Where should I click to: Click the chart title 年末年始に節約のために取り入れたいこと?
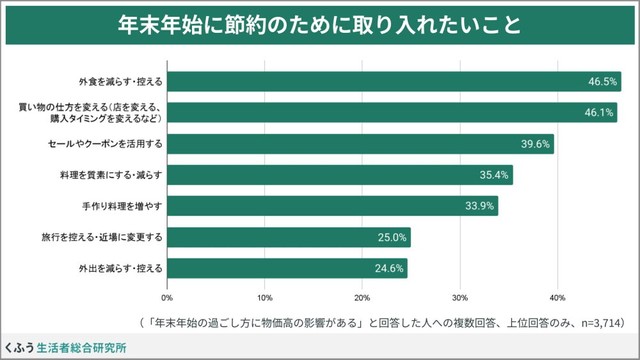pyautogui.click(x=319, y=24)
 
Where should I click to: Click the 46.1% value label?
pyautogui.click(x=599, y=112)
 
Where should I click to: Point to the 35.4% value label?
pyautogui.click(x=495, y=175)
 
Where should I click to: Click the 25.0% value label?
pyautogui.click(x=391, y=238)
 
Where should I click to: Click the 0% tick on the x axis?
pyautogui.click(x=167, y=297)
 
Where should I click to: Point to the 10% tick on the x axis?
pyautogui.click(x=265, y=297)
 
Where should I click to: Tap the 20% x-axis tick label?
pyautogui.click(x=363, y=297)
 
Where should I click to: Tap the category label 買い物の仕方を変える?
pyautogui.click(x=99, y=107)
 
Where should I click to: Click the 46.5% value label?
pyautogui.click(x=603, y=81)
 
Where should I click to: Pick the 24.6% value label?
pyautogui.click(x=389, y=269)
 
